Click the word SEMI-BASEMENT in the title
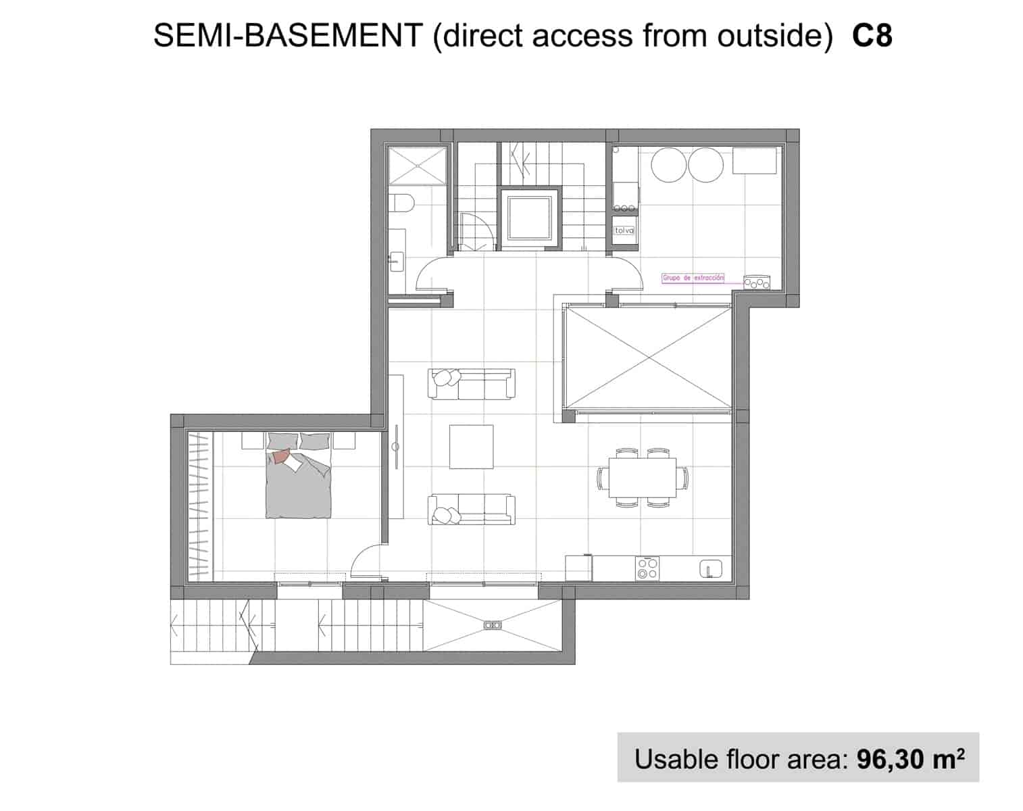288,36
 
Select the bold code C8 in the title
872,36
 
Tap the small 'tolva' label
624,230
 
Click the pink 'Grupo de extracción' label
693,278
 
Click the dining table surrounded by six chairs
642,478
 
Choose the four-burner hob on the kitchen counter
647,568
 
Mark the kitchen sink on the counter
709,568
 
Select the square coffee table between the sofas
471,446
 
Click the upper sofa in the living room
472,383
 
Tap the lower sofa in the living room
472,510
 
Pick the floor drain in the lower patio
493,625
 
